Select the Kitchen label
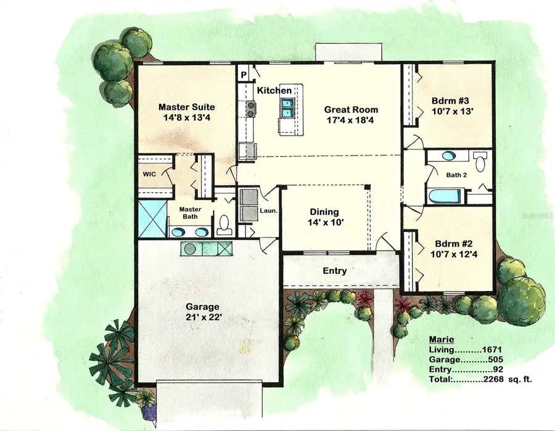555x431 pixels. point(274,91)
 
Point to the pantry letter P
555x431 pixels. point(244,75)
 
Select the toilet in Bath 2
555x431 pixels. point(479,162)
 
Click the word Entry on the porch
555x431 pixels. point(334,271)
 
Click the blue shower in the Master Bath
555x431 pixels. point(152,216)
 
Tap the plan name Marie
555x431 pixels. point(441,340)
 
